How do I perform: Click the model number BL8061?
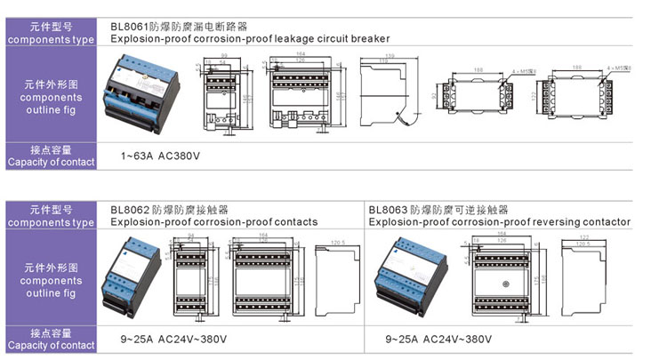pyautogui.click(x=131, y=28)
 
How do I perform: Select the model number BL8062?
pyautogui.click(x=131, y=211)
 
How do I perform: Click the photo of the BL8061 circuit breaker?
pyautogui.click(x=146, y=89)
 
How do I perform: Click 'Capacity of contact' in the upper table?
pyautogui.click(x=51, y=162)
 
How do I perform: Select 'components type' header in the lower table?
pyautogui.click(x=51, y=222)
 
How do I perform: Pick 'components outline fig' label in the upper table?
pyautogui.click(x=51, y=98)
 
